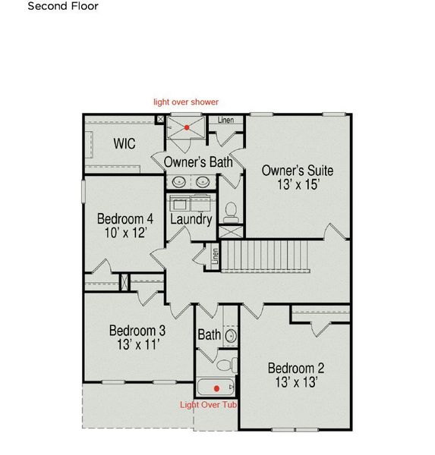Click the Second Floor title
coord(63,6)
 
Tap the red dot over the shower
coord(187,127)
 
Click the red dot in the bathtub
coord(216,388)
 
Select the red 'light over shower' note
coord(186,102)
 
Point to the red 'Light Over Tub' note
coord(208,405)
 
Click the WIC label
coord(125,143)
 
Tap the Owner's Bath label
coord(198,162)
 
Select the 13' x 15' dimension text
coord(298,184)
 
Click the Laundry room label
coord(191,219)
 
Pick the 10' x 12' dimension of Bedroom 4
coord(125,233)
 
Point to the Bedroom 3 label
coord(137,331)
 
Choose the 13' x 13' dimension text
coord(296,382)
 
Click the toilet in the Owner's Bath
coord(231,212)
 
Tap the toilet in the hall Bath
coord(227,366)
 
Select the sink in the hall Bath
coord(231,336)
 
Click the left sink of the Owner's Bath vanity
coord(179,182)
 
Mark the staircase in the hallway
coord(265,256)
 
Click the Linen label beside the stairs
coord(215,256)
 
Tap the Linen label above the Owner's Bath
coord(225,120)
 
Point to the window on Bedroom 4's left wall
coord(83,192)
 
